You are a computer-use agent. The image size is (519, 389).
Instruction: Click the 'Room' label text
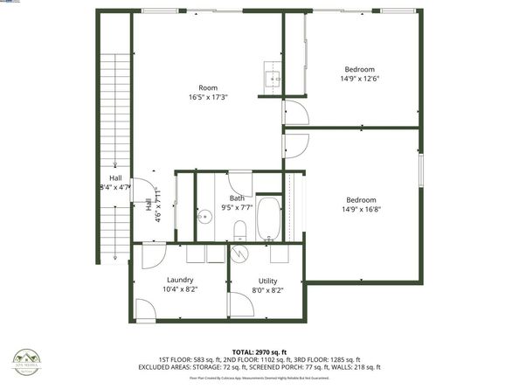point(208,87)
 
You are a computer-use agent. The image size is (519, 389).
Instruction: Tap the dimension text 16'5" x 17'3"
point(208,97)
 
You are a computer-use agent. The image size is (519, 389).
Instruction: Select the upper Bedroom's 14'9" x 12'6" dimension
point(359,79)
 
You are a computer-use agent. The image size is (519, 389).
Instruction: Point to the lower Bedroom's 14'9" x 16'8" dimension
point(359,209)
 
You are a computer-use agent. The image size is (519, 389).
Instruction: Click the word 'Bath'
point(238,198)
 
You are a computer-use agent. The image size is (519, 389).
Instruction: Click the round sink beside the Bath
point(204,218)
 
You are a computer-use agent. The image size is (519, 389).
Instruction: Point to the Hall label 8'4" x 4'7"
point(115,186)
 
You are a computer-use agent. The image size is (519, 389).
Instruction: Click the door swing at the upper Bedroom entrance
point(295,114)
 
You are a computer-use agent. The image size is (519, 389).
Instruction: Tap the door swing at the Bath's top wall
point(240,184)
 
